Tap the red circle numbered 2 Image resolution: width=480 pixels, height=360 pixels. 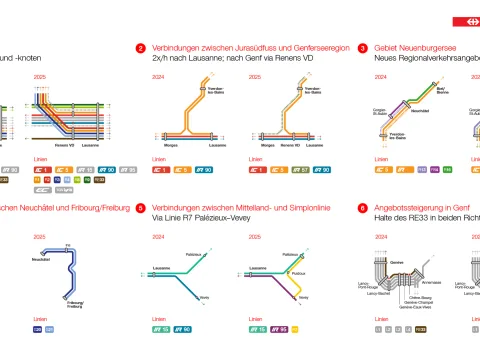[x=141, y=48]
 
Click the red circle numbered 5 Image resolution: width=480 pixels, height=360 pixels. [x=141, y=208]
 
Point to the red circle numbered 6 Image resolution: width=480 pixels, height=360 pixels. [x=362, y=208]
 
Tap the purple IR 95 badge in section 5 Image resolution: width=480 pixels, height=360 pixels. [x=281, y=328]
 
